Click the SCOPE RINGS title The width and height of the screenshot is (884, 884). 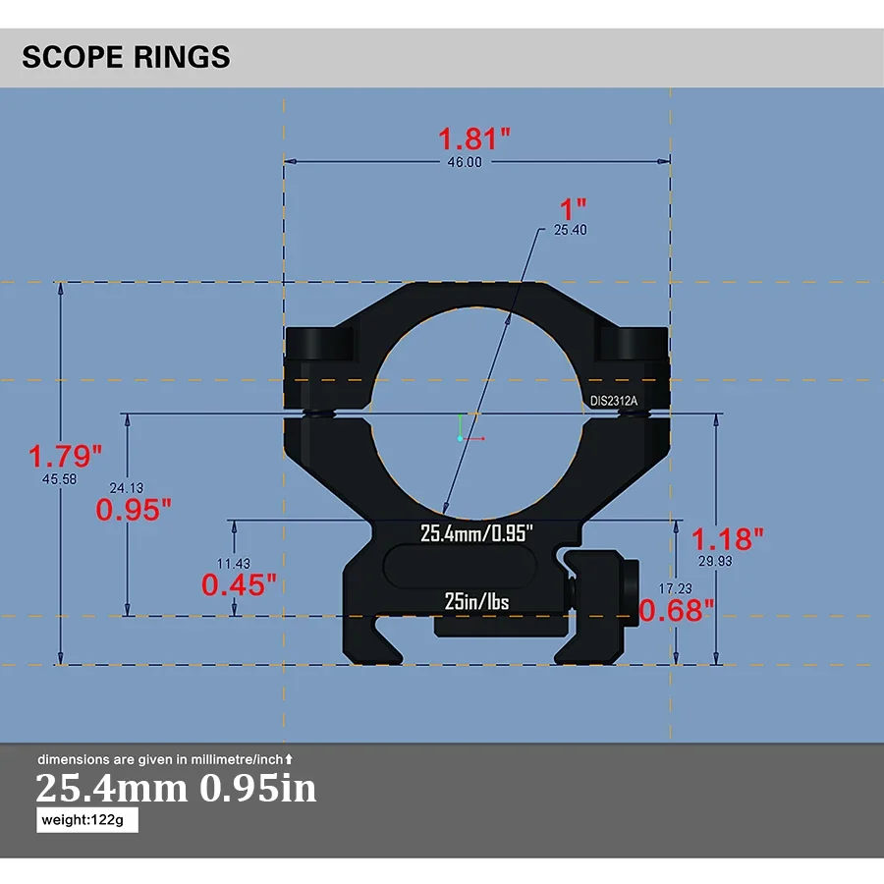(126, 57)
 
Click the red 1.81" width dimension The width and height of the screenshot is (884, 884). (474, 138)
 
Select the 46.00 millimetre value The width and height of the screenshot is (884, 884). (464, 162)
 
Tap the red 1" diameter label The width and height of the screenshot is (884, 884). (572, 208)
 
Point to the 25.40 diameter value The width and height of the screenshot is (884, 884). (571, 230)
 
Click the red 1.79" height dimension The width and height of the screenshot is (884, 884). (65, 456)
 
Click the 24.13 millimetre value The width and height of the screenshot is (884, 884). (127, 487)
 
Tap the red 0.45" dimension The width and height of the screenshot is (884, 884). (239, 585)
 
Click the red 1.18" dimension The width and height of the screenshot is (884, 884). (728, 538)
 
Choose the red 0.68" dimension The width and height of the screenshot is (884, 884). (677, 611)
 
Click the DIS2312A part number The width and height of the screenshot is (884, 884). (614, 401)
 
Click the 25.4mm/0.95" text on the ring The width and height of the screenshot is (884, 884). (476, 533)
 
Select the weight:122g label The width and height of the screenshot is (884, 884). (87, 820)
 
